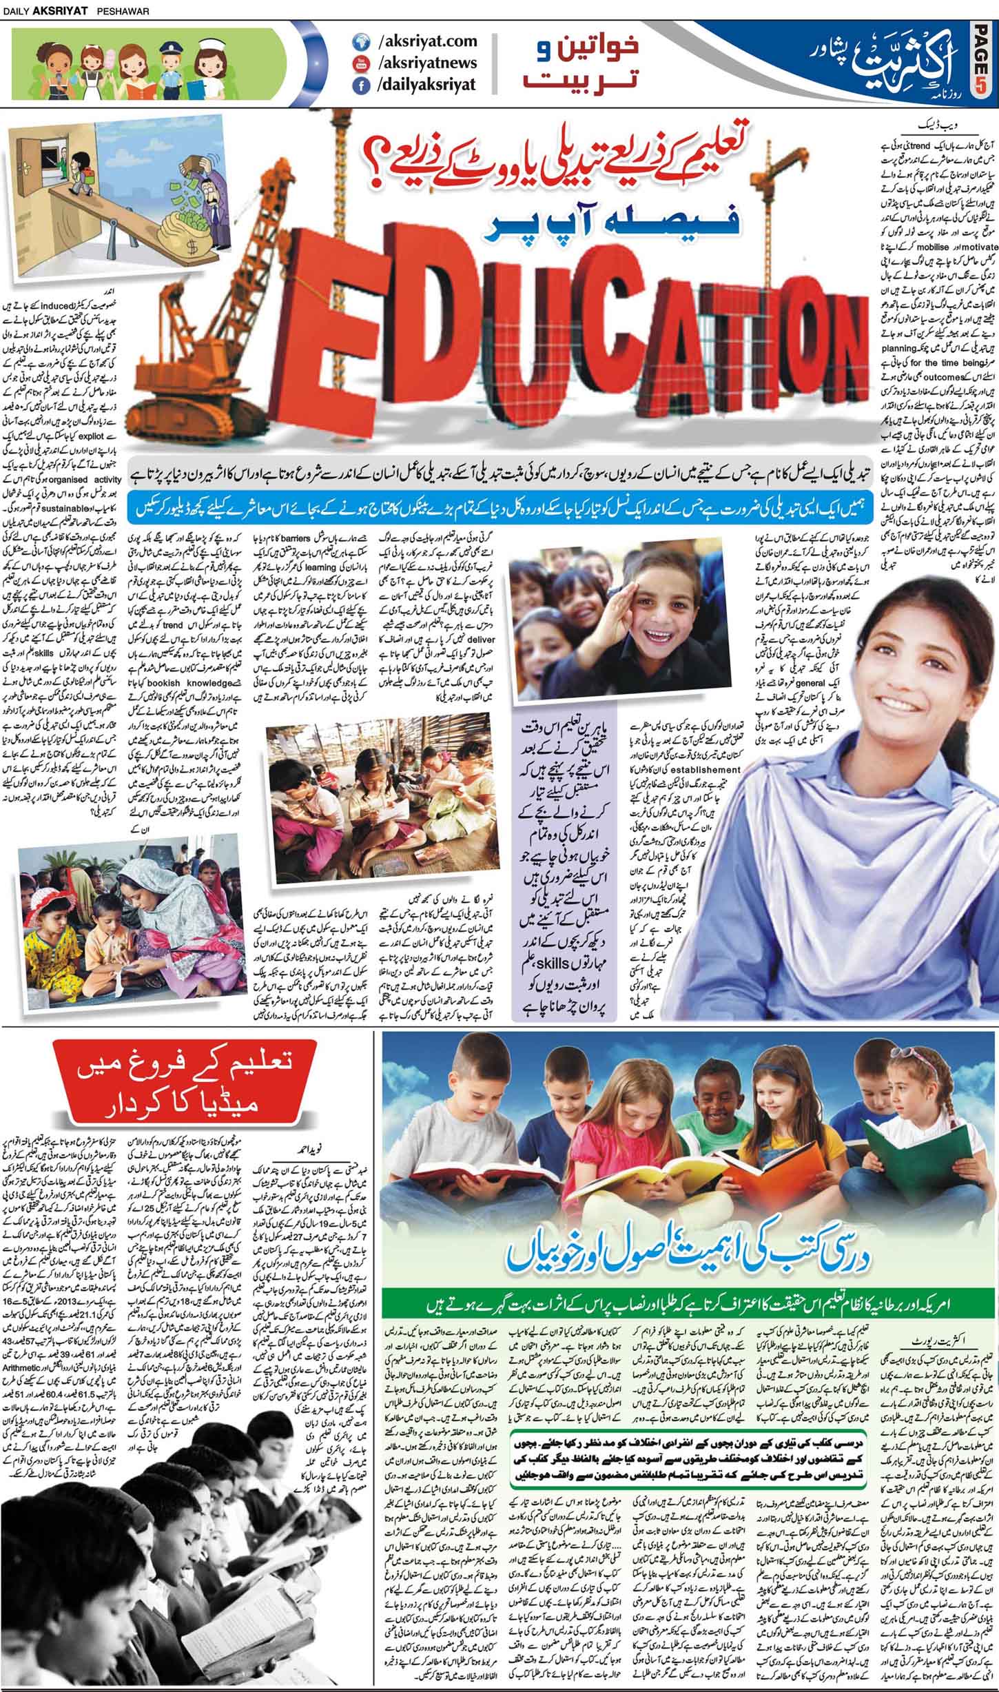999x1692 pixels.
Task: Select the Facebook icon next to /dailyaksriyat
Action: pyautogui.click(x=359, y=85)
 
